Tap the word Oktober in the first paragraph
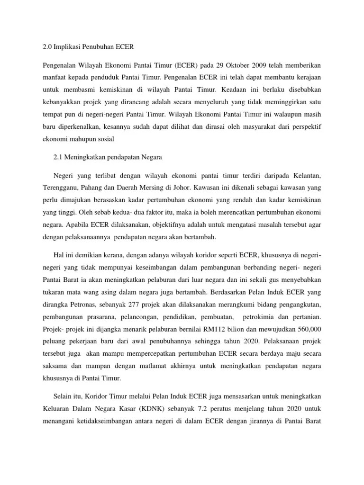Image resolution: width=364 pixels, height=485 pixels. [240, 63]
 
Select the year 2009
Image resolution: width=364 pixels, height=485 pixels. [267, 63]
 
